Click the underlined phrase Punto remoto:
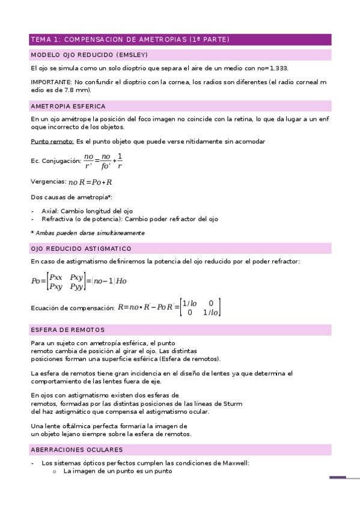click(x=52, y=141)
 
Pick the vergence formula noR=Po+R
click(x=90, y=182)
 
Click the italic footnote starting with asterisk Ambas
click(x=87, y=233)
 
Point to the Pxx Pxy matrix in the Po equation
click(x=66, y=281)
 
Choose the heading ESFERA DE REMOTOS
click(x=67, y=330)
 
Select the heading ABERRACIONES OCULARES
click(x=76, y=449)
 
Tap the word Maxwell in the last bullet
click(x=234, y=463)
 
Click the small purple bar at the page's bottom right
click(x=338, y=478)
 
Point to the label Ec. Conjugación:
click(x=55, y=161)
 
